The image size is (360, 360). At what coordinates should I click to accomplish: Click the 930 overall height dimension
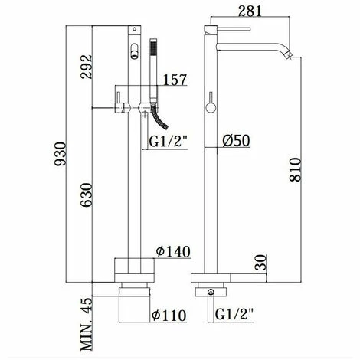[61, 154]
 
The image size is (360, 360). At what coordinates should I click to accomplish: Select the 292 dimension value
[86, 67]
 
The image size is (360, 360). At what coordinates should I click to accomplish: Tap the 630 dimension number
[86, 195]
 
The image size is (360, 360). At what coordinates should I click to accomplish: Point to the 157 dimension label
[175, 80]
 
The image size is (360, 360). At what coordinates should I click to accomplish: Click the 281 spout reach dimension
[250, 11]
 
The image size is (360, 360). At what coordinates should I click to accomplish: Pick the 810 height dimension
[296, 169]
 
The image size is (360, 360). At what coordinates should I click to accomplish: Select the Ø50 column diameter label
[236, 141]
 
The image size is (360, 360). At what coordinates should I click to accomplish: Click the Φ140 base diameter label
[173, 251]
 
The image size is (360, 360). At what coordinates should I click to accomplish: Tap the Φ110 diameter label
[169, 316]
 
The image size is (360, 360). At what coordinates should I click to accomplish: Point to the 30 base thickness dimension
[260, 263]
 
